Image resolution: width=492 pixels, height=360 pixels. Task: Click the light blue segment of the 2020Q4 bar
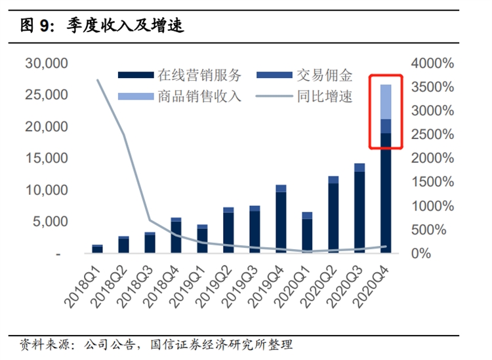(x=386, y=102)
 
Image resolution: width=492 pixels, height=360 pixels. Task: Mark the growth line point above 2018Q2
(x=123, y=134)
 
